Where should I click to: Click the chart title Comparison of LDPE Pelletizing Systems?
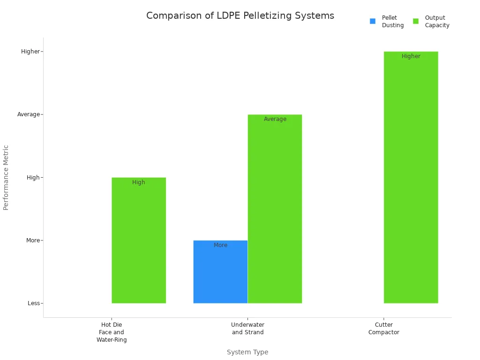(240, 15)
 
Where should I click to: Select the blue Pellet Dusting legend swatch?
(373, 21)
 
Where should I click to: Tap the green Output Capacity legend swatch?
(416, 21)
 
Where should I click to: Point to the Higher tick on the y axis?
(30, 52)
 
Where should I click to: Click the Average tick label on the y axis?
(29, 114)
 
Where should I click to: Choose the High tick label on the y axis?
(33, 178)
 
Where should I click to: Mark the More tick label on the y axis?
(33, 240)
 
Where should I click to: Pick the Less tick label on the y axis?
(34, 303)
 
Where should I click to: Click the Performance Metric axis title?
(6, 177)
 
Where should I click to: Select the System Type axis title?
(247, 352)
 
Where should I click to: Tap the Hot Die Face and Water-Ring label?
(112, 332)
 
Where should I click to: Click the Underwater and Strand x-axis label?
(247, 329)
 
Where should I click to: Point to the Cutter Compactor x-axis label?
(383, 329)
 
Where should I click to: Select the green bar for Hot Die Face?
(139, 244)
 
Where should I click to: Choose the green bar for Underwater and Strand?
(275, 211)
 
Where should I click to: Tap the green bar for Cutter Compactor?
(411, 178)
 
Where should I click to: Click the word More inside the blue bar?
(220, 245)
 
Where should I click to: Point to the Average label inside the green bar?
(275, 119)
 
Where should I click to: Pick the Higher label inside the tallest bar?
(411, 56)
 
